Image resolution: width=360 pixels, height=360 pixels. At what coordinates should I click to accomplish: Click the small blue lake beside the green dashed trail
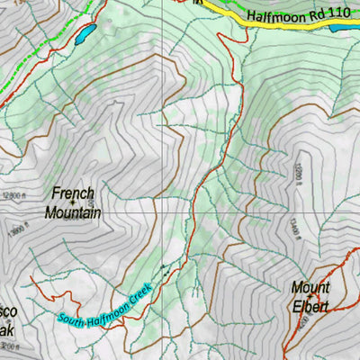coord(85,35)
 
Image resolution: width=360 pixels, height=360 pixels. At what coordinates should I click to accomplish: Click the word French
coord(73,193)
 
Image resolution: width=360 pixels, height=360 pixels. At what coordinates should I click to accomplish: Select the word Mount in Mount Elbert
coord(310,288)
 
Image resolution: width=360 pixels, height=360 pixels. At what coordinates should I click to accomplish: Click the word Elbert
coord(310,307)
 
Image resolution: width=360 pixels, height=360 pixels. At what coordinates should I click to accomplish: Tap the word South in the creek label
coord(72,318)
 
